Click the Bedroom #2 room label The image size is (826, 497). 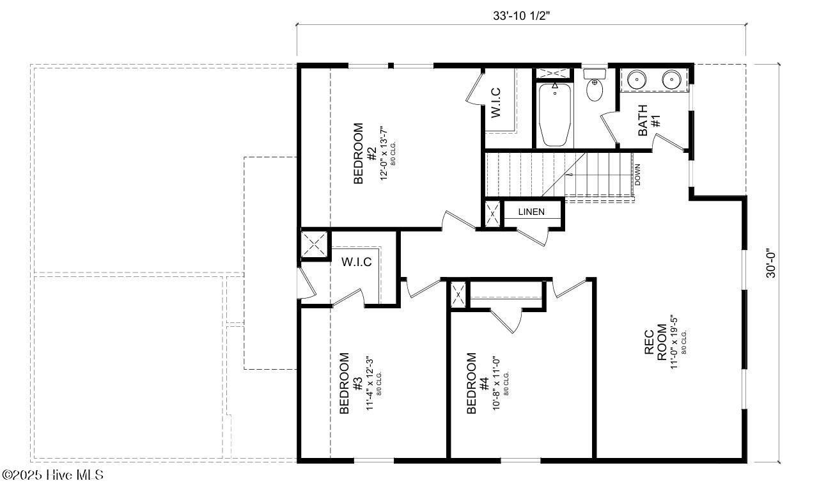[x=365, y=154]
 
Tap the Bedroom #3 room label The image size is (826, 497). [x=350, y=383]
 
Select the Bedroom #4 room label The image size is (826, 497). [x=478, y=383]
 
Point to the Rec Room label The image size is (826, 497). [x=655, y=346]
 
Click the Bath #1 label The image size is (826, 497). [x=649, y=120]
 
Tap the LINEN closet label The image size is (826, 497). [x=531, y=212]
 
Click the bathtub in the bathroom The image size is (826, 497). [x=554, y=115]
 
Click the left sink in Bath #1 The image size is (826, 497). [x=635, y=80]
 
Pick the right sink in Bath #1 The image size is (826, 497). [x=671, y=80]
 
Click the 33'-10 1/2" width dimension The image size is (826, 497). [x=521, y=17]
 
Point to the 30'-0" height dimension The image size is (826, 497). [x=771, y=263]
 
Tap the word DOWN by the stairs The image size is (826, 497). [x=637, y=174]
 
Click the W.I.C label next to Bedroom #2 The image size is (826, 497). [x=496, y=102]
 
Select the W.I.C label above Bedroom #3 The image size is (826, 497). [x=356, y=262]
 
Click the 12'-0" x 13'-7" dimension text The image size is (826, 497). [x=384, y=154]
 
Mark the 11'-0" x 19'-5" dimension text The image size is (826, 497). [x=674, y=346]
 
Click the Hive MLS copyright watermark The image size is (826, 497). [x=52, y=475]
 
